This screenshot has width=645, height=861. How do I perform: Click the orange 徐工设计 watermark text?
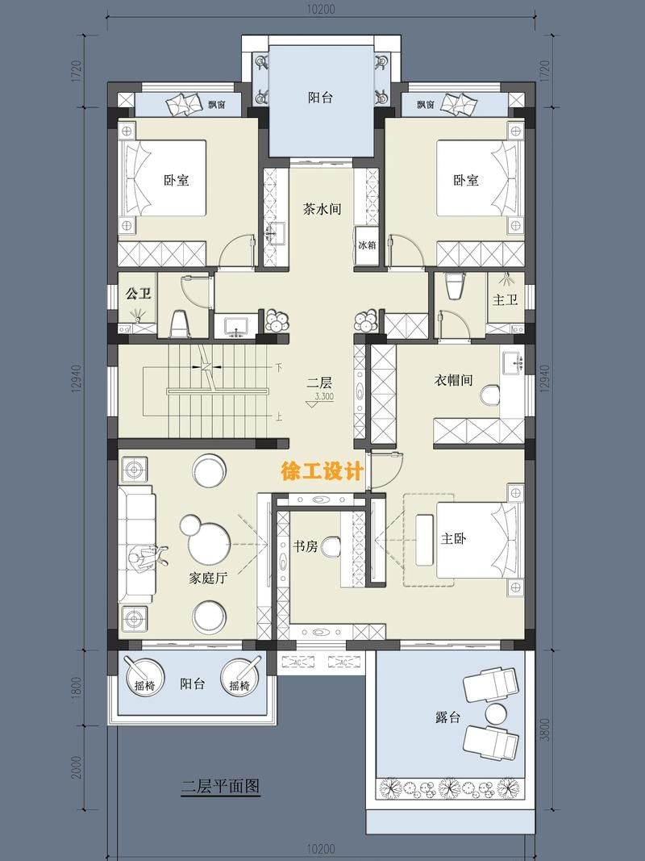point(321,472)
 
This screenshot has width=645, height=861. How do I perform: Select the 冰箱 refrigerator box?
point(367,245)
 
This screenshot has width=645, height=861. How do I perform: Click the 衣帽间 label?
point(453,379)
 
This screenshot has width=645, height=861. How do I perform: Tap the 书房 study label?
point(305,546)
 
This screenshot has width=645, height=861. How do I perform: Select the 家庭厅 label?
point(207,578)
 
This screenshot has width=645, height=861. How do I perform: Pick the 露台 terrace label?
point(447,717)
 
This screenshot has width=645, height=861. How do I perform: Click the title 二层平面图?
point(220,787)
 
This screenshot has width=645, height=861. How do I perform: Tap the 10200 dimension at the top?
point(321,10)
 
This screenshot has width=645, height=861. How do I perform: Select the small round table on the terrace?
point(495,713)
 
